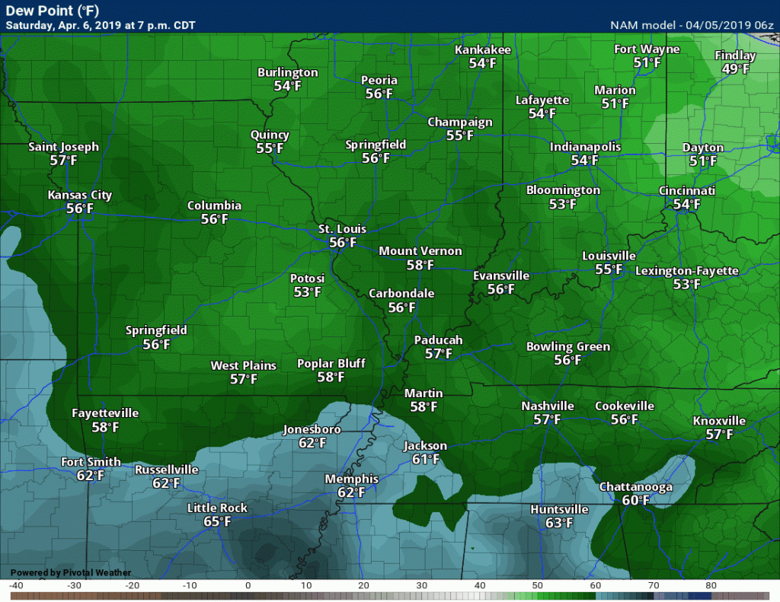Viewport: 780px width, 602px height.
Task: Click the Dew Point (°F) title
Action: click(46, 11)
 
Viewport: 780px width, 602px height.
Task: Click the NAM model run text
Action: click(692, 25)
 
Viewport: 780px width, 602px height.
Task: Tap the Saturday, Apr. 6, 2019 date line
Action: click(101, 25)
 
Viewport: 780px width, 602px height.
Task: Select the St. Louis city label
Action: click(342, 229)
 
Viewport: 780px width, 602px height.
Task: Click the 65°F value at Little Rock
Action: click(217, 522)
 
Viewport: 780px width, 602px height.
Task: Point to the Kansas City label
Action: click(79, 195)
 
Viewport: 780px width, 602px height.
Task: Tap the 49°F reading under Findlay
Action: click(735, 69)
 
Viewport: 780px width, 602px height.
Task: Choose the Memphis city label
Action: click(351, 479)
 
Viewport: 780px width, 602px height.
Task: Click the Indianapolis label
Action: click(585, 147)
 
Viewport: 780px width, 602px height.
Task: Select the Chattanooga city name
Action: click(635, 486)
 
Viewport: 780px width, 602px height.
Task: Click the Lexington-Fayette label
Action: click(686, 271)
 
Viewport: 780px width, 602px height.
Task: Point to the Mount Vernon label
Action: click(420, 251)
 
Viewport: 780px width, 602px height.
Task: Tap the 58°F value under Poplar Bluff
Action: click(331, 377)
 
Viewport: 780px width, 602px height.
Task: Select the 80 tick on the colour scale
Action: click(711, 585)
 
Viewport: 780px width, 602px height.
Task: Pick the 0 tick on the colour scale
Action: click(248, 585)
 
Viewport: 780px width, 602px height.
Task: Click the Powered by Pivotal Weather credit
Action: click(71, 572)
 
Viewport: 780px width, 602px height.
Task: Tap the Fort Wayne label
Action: click(647, 49)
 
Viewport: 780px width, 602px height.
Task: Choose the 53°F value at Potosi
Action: click(307, 291)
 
